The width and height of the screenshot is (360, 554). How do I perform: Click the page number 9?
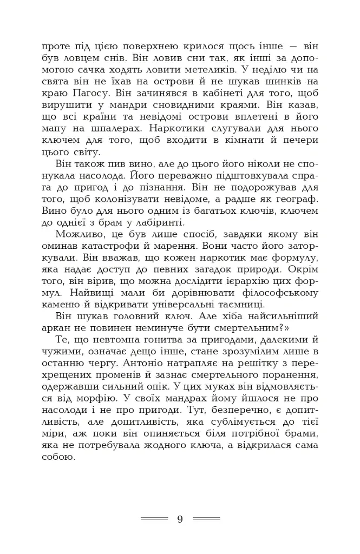[x=180, y=519]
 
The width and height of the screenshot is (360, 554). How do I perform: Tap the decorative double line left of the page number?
[x=154, y=518]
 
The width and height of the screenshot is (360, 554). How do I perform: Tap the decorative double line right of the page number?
[x=206, y=518]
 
